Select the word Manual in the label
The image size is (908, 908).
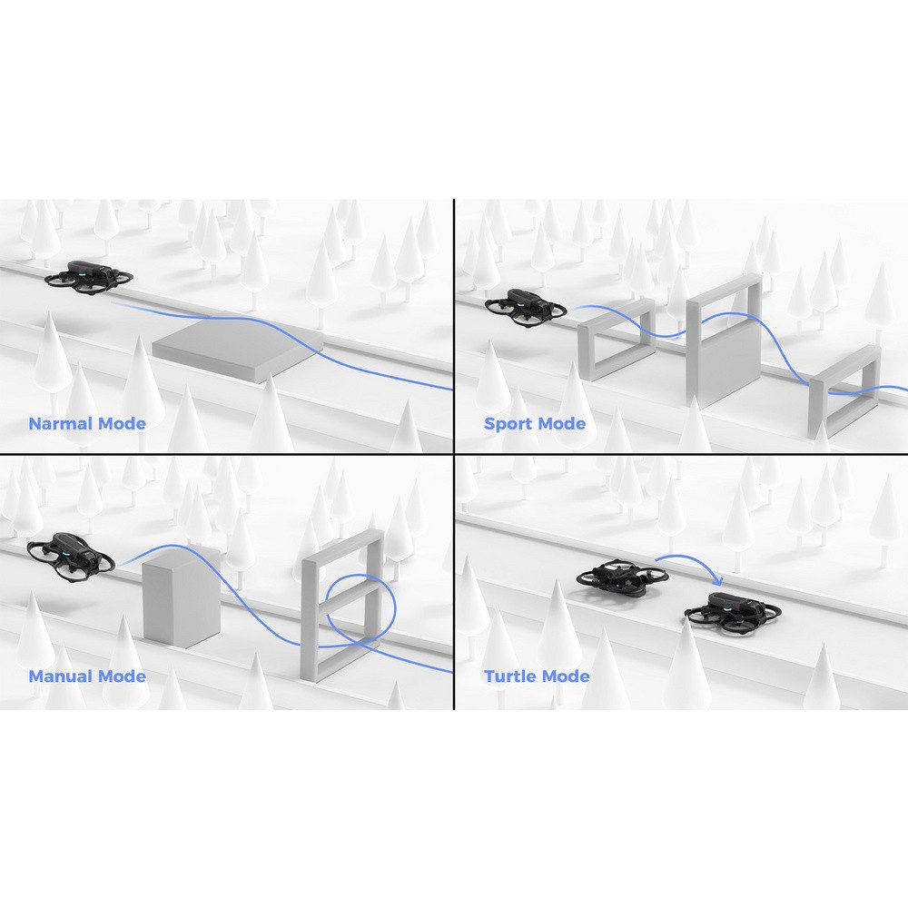[61, 676]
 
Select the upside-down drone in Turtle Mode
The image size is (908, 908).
[623, 577]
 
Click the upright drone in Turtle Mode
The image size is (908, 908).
[734, 612]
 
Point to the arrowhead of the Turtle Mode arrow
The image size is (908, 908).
[719, 579]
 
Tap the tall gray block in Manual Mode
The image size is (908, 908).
[182, 595]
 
